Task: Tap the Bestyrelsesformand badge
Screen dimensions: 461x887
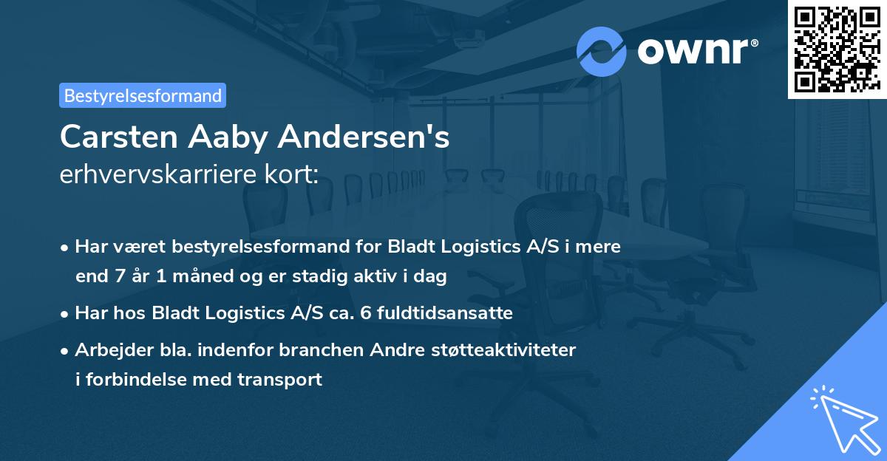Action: click(143, 95)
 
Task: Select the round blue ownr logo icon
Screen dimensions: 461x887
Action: click(602, 52)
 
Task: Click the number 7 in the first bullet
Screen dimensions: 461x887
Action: click(116, 277)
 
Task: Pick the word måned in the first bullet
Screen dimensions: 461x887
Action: click(180, 277)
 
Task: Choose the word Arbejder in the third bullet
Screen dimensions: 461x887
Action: click(107, 349)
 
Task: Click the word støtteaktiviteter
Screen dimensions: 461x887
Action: click(502, 349)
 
